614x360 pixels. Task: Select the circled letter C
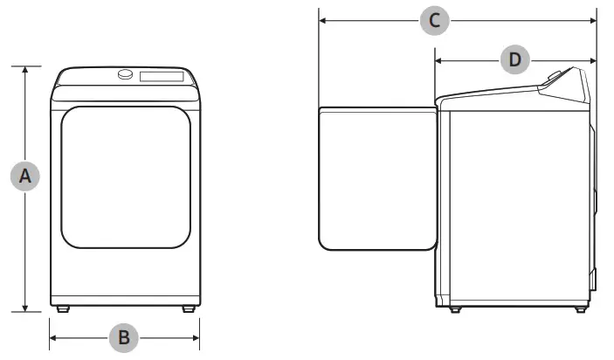(434, 20)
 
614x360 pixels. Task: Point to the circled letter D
(515, 59)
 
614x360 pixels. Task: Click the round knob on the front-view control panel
(127, 75)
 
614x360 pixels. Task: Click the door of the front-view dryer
(126, 177)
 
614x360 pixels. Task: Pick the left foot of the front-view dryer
(62, 308)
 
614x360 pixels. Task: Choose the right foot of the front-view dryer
(189, 308)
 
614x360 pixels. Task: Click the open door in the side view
(376, 177)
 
